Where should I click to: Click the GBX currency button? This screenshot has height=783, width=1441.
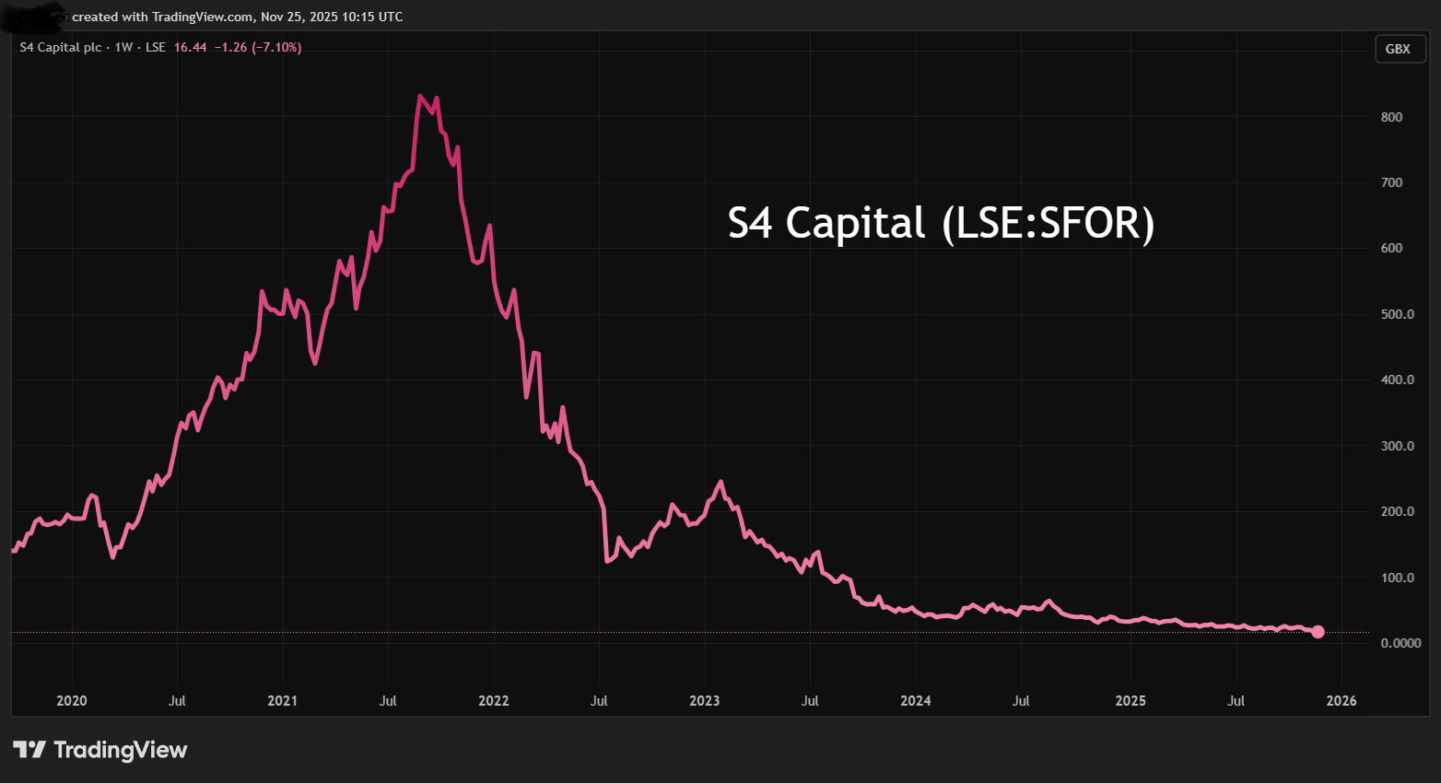[1398, 49]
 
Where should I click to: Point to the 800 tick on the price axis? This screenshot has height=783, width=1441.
[1391, 117]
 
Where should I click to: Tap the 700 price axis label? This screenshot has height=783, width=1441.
[1391, 182]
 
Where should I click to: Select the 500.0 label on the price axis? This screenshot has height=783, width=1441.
[1397, 314]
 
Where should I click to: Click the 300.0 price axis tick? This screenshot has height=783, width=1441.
[1397, 446]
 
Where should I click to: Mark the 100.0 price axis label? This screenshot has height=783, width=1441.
[1397, 578]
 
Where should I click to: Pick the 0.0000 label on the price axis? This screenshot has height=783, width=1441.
[1400, 643]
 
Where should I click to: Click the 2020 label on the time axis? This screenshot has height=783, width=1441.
[72, 701]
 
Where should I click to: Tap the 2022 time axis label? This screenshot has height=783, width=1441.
[494, 701]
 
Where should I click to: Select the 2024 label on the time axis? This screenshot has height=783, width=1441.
[916, 701]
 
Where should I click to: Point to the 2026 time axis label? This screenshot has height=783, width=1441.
[1341, 701]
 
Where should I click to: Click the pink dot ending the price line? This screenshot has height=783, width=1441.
[1318, 632]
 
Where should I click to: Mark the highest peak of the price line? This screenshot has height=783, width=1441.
[419, 96]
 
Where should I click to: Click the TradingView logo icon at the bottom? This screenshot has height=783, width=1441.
[29, 750]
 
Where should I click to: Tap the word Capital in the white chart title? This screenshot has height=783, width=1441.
[855, 224]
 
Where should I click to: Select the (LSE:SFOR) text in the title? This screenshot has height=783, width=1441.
[1049, 224]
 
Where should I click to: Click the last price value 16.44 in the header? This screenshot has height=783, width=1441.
[190, 47]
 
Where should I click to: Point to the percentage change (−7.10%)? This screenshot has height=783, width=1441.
[276, 47]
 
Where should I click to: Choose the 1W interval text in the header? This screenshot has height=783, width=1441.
[123, 47]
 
